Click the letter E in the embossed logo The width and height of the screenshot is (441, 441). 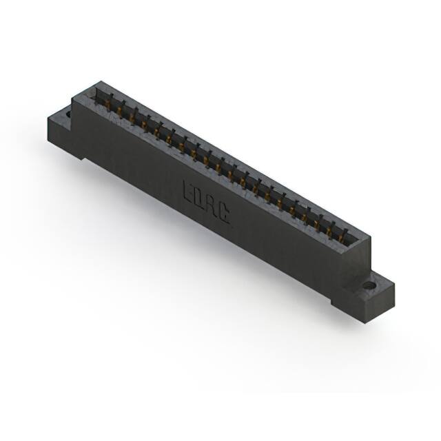tap(188, 191)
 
